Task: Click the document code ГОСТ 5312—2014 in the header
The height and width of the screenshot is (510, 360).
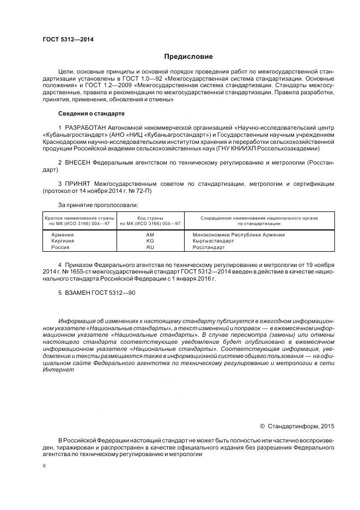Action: pyautogui.click(x=64, y=40)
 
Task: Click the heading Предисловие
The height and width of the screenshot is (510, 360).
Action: pyautogui.click(x=188, y=56)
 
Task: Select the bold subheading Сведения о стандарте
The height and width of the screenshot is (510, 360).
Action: pyautogui.click(x=91, y=113)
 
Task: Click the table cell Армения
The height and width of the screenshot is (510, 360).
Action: pyautogui.click(x=62, y=235)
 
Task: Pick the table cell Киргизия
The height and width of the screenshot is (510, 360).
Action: pyautogui.click(x=63, y=241)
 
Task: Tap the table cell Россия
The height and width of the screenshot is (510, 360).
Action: pyautogui.click(x=60, y=247)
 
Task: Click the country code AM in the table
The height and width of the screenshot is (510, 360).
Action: pyautogui.click(x=150, y=235)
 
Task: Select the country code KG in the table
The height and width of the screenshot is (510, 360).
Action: pyautogui.click(x=150, y=241)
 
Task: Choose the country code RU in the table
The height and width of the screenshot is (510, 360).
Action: pyautogui.click(x=150, y=247)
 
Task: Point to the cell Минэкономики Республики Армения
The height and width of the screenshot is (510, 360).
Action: pyautogui.click(x=239, y=235)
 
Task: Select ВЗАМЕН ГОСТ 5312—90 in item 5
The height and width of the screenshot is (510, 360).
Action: pyautogui.click(x=97, y=293)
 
